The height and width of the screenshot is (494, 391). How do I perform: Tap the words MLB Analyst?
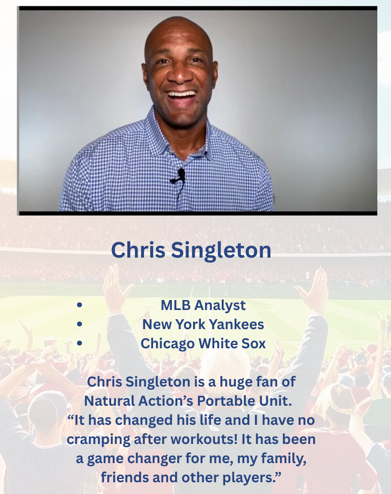click(x=203, y=305)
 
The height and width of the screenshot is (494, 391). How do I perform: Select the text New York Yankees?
click(x=203, y=324)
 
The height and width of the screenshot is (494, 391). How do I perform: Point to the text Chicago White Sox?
click(x=203, y=344)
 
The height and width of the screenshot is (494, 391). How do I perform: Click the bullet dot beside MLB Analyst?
click(x=80, y=305)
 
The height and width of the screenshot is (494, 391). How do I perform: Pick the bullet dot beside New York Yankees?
click(x=80, y=324)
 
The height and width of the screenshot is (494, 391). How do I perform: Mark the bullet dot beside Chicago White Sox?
click(x=80, y=343)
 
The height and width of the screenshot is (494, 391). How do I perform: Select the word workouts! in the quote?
click(x=204, y=439)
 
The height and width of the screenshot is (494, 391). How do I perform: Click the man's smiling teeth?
click(x=182, y=94)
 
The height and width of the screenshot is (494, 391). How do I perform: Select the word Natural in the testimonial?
click(x=109, y=401)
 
